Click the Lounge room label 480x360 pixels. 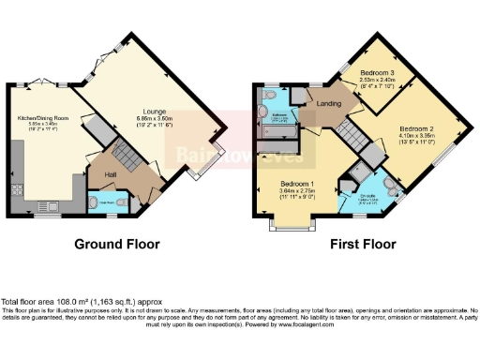pos(156,110)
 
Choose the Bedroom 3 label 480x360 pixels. pos(379,72)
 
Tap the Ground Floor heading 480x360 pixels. pos(117,244)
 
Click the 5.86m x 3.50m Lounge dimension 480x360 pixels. pos(157,119)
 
